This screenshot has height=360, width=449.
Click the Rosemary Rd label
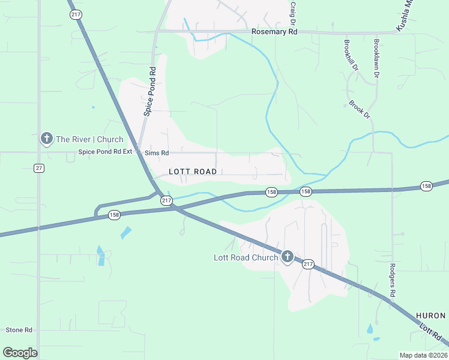coord(274,31)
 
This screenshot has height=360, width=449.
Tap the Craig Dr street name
coord(293,13)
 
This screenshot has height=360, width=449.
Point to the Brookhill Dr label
coord(351,56)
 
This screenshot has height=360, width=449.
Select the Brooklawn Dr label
coord(376,59)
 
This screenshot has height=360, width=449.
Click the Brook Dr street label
coord(360,110)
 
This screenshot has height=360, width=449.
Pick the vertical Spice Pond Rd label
coord(149,91)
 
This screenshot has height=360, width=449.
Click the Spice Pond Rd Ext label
coord(104,152)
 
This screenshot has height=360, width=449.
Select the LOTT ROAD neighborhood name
coord(192,172)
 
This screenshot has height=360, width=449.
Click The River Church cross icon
coord(46,139)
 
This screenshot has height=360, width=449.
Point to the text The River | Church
coord(89,139)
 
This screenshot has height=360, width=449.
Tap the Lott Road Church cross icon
coord(287,257)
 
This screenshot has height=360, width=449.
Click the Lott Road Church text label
coord(246,257)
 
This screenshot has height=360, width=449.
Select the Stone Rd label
coord(19,330)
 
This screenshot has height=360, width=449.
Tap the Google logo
coord(20,352)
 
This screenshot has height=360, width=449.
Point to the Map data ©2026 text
coord(423,355)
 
